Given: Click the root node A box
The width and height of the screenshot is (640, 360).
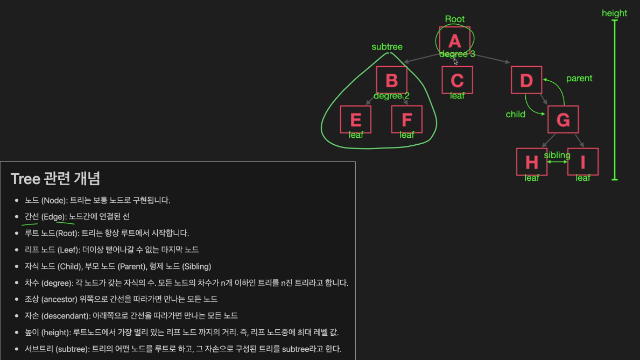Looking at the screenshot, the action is [x=455, y=40].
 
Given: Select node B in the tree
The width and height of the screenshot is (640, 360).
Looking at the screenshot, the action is [x=391, y=80].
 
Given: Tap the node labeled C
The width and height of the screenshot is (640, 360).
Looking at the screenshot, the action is [x=457, y=80].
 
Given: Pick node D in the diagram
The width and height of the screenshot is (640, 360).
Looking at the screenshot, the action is [x=526, y=80].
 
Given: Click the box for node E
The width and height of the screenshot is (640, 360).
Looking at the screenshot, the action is [x=356, y=119].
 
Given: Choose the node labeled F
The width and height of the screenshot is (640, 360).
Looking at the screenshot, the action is [x=406, y=119].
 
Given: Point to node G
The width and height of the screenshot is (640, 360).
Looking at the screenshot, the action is [x=563, y=119].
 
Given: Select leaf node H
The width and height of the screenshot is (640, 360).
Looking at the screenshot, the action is [x=532, y=161].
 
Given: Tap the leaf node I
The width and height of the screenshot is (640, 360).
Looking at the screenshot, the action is [x=583, y=161].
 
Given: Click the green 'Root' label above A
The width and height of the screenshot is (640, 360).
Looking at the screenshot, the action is [x=455, y=19].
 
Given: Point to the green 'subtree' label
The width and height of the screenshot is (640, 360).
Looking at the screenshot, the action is [x=387, y=47].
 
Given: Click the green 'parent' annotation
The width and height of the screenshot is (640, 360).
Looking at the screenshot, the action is [x=579, y=79].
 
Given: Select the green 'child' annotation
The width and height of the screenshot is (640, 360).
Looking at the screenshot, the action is [x=516, y=115].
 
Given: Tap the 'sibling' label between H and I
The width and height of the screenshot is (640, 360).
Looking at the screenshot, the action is [x=557, y=156].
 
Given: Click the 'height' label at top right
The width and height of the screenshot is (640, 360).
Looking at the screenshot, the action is [x=614, y=13].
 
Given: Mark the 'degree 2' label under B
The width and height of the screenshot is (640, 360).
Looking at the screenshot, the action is [x=391, y=96].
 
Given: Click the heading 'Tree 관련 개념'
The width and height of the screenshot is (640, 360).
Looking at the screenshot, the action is [x=55, y=178].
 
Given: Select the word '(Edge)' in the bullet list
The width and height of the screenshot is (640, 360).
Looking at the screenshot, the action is [x=53, y=216].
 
